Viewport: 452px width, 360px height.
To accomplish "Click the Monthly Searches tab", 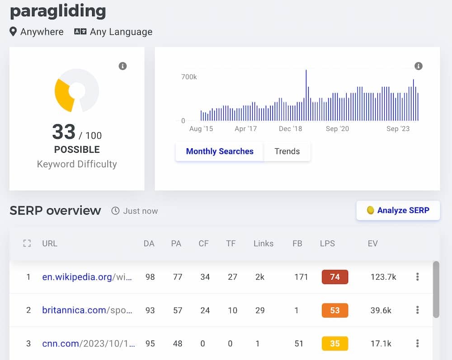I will coord(219,151).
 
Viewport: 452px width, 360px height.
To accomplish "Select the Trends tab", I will coord(287,151).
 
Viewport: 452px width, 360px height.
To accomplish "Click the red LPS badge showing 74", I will coord(334,277).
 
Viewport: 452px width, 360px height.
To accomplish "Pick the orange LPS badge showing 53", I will coord(334,310).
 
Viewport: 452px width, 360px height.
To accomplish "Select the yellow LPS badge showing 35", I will coord(334,344).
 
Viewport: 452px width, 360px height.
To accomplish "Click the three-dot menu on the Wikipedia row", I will coord(417,277).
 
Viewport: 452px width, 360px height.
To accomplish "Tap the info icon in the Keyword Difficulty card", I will coord(122,66).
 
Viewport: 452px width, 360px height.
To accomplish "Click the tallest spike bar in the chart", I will coord(306,95).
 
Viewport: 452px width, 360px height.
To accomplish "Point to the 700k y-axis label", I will coord(189,77).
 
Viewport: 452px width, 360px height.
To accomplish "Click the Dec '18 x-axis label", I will coord(290,129).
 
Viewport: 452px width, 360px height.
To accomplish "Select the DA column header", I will coord(149,243).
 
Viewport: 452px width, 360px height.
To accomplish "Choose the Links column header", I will coord(263,243).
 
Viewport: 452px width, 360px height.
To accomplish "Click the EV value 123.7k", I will coord(383,277).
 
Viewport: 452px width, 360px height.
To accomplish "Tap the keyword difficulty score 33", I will coord(64,132).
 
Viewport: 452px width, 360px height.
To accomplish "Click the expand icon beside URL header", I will coord(27,243).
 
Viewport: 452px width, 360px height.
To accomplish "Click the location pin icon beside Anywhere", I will coord(14,32).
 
